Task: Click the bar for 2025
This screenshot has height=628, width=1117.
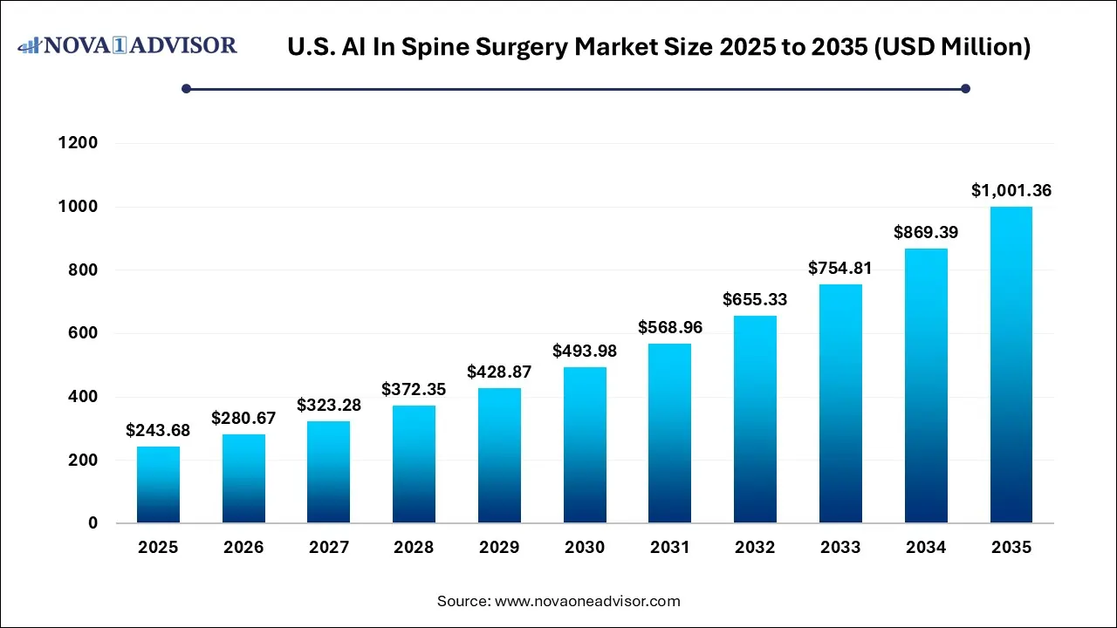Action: pyautogui.click(x=158, y=485)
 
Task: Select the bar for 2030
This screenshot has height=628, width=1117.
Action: pyautogui.click(x=585, y=445)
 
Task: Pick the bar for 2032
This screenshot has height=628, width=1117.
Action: pyautogui.click(x=755, y=420)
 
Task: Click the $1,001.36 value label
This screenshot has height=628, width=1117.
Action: pyautogui.click(x=1011, y=190)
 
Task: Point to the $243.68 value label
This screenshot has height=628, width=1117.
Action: pyautogui.click(x=158, y=430)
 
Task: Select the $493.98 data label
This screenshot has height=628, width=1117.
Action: pyautogui.click(x=585, y=351)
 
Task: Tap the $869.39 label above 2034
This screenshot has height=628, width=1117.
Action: pyautogui.click(x=926, y=232)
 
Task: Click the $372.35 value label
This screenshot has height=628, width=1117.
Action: pyautogui.click(x=414, y=389)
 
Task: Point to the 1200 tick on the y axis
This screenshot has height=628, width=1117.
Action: pyautogui.click(x=79, y=143)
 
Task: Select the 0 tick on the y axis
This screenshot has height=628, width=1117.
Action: pyautogui.click(x=93, y=523)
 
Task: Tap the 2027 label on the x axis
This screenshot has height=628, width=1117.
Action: pyautogui.click(x=329, y=548)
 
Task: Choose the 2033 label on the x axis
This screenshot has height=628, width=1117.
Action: pyautogui.click(x=840, y=548)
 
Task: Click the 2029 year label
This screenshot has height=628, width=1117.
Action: pyautogui.click(x=499, y=548)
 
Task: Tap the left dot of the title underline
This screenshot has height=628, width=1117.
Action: pyautogui.click(x=186, y=88)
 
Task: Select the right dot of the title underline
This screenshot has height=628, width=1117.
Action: pyautogui.click(x=965, y=88)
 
